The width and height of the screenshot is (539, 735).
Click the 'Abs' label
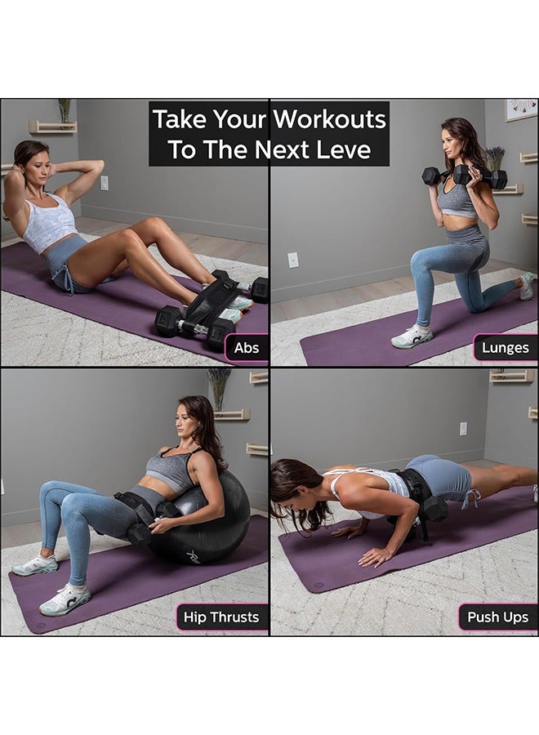tap(247, 348)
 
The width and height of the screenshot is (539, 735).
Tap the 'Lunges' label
tap(505, 348)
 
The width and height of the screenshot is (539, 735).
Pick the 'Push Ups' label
tap(497, 617)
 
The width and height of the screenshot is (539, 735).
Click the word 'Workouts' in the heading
tap(330, 119)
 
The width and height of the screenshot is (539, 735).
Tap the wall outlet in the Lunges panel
tap(292, 260)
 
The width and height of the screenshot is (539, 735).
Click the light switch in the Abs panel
tap(104, 183)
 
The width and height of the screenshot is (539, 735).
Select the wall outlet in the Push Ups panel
tap(463, 428)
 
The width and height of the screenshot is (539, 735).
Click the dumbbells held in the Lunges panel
tap(464, 176)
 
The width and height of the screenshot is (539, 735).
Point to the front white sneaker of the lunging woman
tap(412, 336)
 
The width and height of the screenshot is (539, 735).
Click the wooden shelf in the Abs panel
tap(52, 127)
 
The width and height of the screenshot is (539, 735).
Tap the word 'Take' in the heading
tap(180, 119)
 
